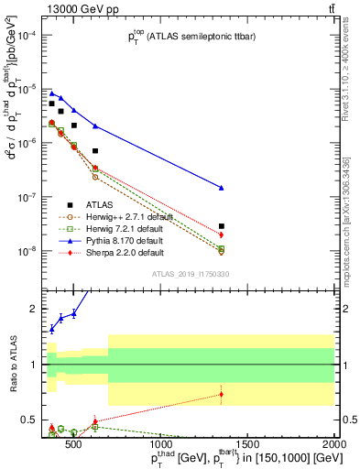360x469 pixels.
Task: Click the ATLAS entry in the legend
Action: (x=100, y=204)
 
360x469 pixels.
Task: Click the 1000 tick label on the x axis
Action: (x=162, y=447)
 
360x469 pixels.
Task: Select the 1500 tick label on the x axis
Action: (x=249, y=447)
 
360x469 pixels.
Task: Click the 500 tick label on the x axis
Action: (x=75, y=447)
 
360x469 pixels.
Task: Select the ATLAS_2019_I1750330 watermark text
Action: (x=191, y=274)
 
